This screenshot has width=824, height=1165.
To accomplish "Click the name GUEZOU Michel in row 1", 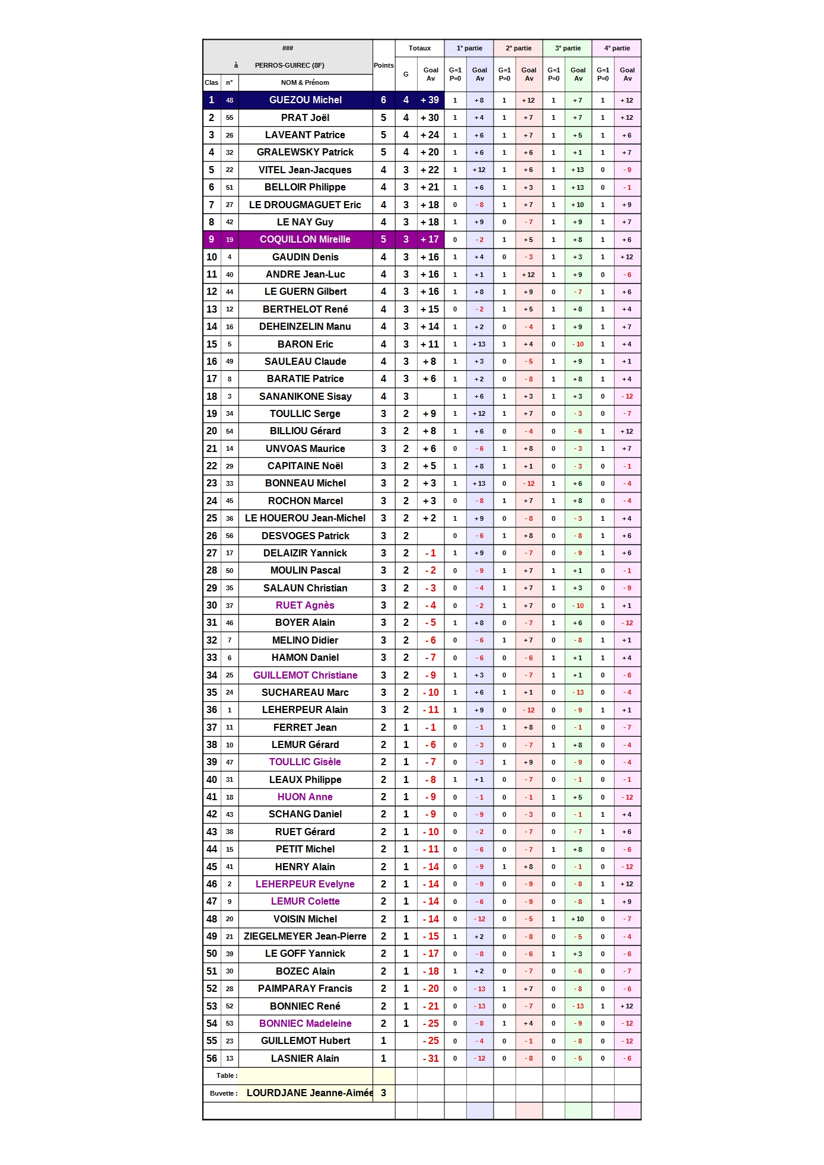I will (305, 100).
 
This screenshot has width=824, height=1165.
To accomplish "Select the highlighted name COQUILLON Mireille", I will (305, 240).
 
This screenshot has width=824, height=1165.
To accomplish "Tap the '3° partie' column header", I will (567, 48).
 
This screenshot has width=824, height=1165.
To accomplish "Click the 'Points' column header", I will (383, 65).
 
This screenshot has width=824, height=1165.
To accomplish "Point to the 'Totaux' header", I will (419, 48).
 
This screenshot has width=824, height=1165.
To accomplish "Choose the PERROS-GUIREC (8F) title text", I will (289, 65).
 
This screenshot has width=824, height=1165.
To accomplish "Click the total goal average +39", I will (430, 100).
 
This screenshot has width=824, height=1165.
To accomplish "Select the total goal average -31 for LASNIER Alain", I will (431, 1058).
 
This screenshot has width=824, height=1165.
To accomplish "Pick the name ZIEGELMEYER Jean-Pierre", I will (305, 936).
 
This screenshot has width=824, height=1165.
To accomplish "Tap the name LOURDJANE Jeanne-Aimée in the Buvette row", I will (309, 1093).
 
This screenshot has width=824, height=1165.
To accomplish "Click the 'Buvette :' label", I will (224, 1093).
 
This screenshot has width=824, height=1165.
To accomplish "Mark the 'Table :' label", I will (227, 1075).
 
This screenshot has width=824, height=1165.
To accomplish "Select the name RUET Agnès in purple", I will (305, 605).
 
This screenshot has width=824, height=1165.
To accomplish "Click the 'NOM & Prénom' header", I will (305, 82).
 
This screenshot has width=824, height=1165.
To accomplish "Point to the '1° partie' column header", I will (469, 48).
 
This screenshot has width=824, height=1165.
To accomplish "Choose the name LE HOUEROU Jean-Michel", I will (305, 518).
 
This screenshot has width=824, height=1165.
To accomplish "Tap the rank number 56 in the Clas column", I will (212, 1058).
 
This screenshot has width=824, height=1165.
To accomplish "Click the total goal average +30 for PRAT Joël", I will (430, 117).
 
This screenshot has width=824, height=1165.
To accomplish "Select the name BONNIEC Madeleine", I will (305, 1023).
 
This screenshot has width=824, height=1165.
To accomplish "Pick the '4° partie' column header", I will (616, 48).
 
